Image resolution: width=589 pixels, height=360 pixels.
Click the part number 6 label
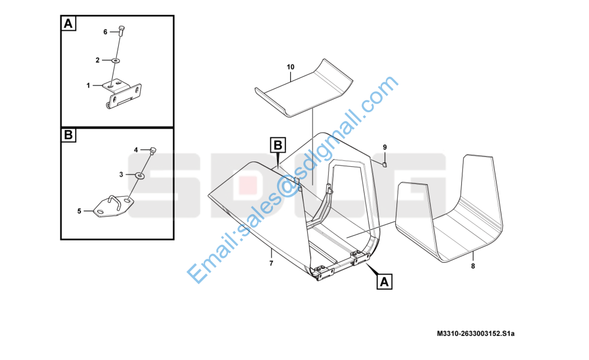coord(105,32)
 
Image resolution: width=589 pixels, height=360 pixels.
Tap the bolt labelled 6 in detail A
coord(121,31)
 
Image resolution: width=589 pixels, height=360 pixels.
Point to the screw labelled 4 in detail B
coord(153,151)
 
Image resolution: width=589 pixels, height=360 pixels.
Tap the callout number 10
coord(290,67)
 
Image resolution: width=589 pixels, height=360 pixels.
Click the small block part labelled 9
coord(384,164)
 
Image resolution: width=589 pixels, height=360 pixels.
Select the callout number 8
coord(473,266)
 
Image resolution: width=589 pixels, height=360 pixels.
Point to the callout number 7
coord(271,263)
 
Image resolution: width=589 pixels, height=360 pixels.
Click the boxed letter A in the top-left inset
coord(68,23)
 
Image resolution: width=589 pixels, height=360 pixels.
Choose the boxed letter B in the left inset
coord(68,134)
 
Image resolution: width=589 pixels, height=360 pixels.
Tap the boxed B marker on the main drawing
coord(278,145)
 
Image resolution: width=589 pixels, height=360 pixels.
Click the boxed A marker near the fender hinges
coord(384,281)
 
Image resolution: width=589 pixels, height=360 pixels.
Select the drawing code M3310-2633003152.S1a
coord(476,334)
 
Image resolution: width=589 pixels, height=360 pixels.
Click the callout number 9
coord(384,148)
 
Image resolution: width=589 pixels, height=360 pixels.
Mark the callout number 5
coord(79,211)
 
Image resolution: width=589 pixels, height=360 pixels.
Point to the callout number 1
coord(88,86)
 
